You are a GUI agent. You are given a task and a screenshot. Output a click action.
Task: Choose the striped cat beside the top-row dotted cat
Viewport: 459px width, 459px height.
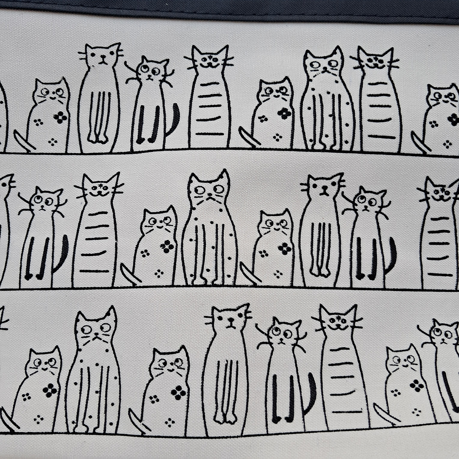(378, 102)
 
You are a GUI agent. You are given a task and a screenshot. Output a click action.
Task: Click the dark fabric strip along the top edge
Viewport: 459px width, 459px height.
(230, 9)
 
